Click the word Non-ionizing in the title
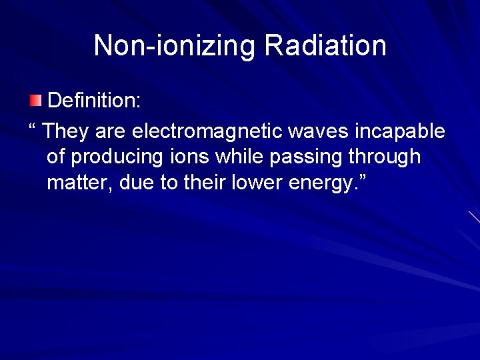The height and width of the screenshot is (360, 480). [x=175, y=45]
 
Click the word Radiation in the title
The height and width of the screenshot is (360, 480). [x=325, y=45]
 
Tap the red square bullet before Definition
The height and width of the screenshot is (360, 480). [x=35, y=101]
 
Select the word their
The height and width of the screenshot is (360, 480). [x=207, y=183]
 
